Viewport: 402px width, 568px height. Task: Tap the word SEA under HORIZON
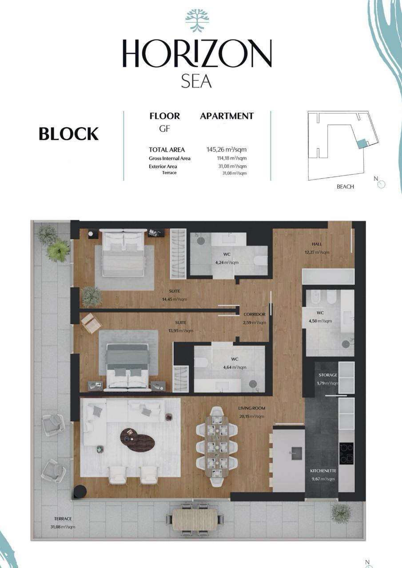pyautogui.click(x=196, y=81)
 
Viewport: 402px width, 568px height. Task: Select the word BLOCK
pyautogui.click(x=68, y=134)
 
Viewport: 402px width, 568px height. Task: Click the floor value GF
pyautogui.click(x=164, y=129)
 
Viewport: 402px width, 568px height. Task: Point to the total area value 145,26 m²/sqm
pyautogui.click(x=227, y=150)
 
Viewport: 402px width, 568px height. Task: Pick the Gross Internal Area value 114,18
pyautogui.click(x=231, y=158)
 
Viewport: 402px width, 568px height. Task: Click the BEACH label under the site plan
pyautogui.click(x=345, y=187)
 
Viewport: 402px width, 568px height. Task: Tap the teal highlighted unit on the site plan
pyautogui.click(x=362, y=144)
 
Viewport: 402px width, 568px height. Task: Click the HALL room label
pyautogui.click(x=317, y=244)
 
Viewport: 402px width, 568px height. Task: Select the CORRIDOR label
pyautogui.click(x=254, y=315)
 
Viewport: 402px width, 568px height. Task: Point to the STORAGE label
pyautogui.click(x=328, y=375)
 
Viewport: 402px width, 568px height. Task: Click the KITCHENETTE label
pyautogui.click(x=323, y=471)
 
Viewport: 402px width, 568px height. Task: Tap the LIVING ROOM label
pyautogui.click(x=251, y=408)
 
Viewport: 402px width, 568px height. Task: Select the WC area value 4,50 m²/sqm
pyautogui.click(x=320, y=321)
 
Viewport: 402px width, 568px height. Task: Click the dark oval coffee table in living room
pyautogui.click(x=137, y=439)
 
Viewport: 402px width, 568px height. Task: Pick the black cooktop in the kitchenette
pyautogui.click(x=346, y=453)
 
